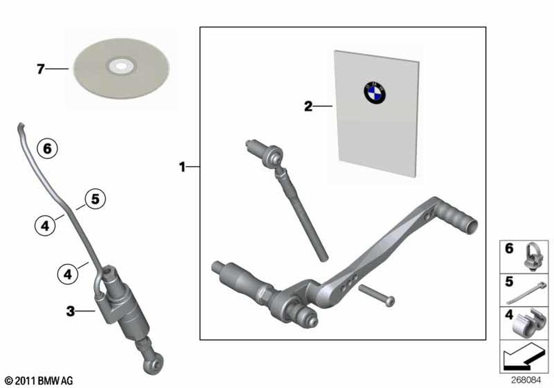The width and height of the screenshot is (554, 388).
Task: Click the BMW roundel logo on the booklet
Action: tap(375, 93)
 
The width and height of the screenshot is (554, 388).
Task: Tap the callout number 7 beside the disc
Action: tap(40, 69)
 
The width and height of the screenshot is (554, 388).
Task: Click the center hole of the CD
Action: tap(121, 66)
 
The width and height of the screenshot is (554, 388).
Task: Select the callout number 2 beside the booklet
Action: tap(309, 106)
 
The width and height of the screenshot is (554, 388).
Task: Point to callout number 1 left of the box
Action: tap(182, 167)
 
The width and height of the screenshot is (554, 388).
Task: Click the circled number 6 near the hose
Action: tap(47, 149)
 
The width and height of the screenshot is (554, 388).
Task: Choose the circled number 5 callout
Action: tap(95, 199)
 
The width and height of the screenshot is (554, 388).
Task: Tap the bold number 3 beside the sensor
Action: tap(71, 311)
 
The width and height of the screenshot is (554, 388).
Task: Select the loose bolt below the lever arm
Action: tap(377, 295)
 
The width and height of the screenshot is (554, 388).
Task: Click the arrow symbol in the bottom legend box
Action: tap(524, 356)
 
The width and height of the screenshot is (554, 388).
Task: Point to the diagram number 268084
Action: tap(526, 380)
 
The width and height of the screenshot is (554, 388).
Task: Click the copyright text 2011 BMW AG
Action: tap(39, 381)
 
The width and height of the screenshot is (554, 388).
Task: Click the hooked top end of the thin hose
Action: tap(21, 126)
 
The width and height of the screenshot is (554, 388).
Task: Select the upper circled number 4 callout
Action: tap(45, 224)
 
